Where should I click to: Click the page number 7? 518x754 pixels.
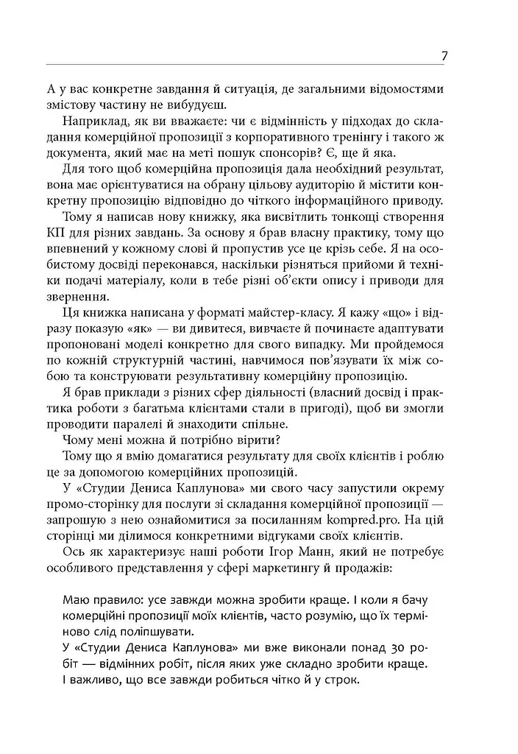click(x=446, y=56)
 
